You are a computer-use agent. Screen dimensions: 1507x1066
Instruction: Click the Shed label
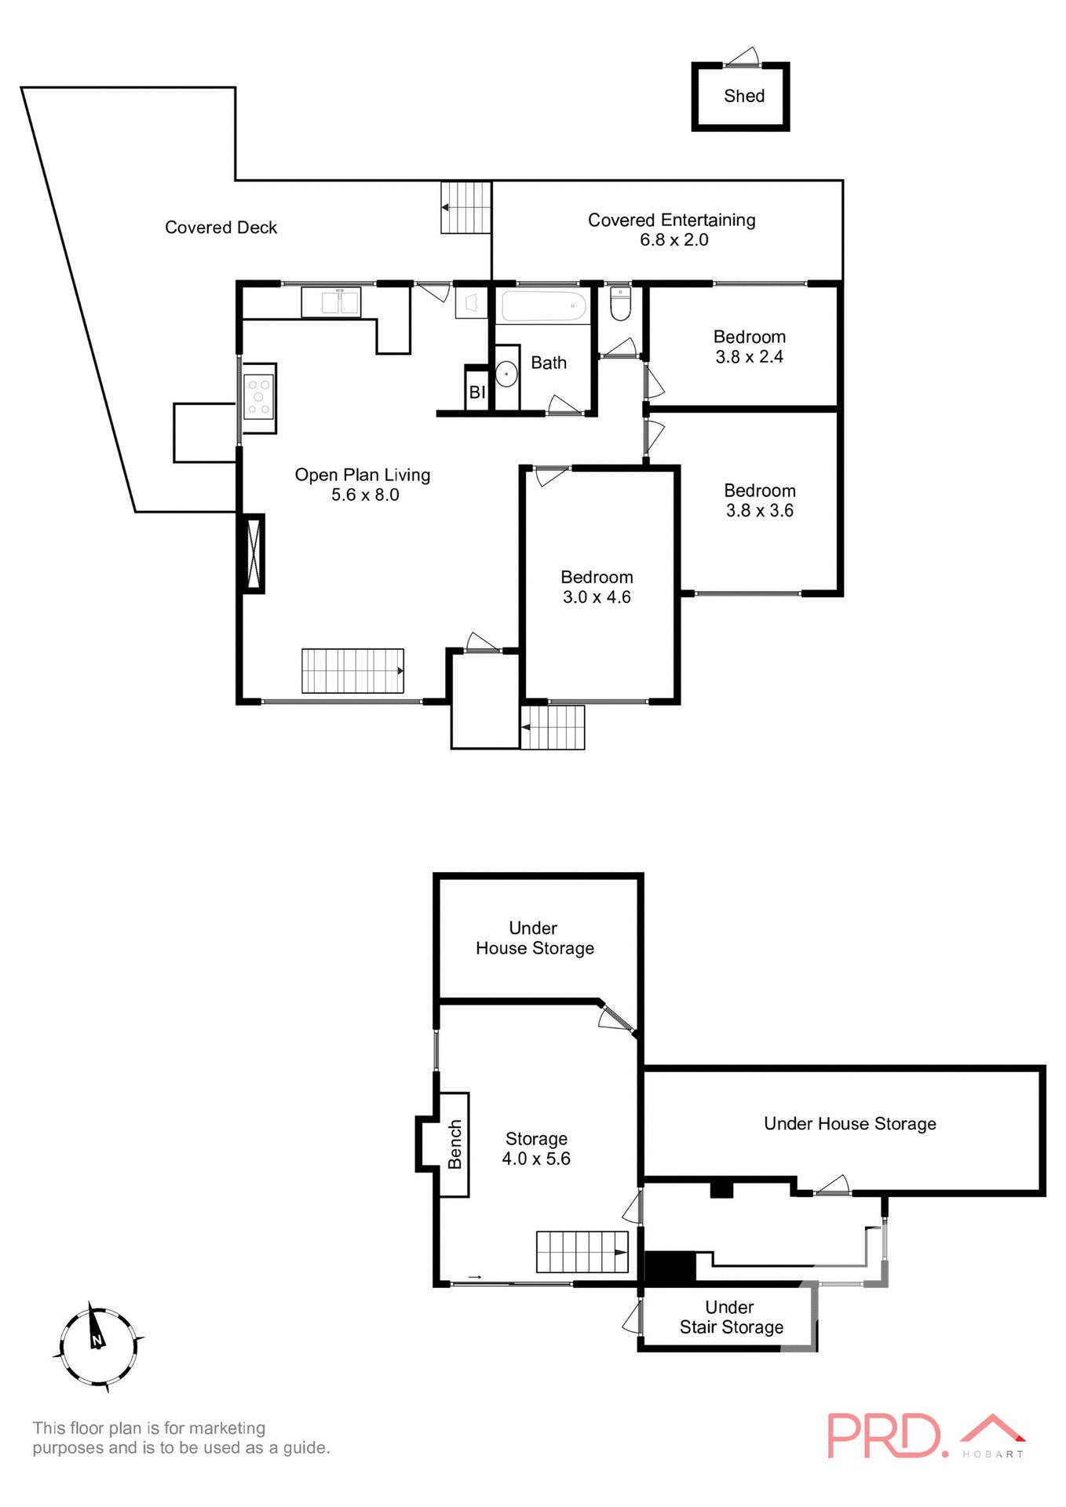[x=743, y=96]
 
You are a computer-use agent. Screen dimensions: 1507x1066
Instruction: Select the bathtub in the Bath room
[x=544, y=306]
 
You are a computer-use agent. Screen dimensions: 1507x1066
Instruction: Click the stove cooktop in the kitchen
[x=258, y=396]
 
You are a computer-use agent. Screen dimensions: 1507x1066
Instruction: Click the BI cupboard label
[x=477, y=392]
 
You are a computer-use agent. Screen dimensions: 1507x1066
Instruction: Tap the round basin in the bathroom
[x=506, y=374]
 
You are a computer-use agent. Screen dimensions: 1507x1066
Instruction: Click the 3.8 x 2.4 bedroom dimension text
[x=749, y=357]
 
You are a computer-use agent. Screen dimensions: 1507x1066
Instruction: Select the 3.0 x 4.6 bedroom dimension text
[x=597, y=597]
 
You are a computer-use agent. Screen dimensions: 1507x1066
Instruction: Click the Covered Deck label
[x=221, y=228]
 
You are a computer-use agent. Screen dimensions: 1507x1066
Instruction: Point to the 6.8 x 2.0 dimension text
[x=674, y=240]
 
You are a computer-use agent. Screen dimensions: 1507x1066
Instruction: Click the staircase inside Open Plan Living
[x=352, y=671]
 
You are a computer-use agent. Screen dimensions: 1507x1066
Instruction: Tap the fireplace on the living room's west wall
[x=252, y=553]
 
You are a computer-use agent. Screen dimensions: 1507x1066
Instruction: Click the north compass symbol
[x=97, y=1348]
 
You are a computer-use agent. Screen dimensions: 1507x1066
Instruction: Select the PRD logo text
[x=884, y=1436]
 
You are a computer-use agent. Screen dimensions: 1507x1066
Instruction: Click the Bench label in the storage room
[x=455, y=1144]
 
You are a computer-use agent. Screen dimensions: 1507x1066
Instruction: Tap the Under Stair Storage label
[x=731, y=1318]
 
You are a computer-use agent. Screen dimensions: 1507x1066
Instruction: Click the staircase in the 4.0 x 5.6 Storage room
[x=582, y=1252]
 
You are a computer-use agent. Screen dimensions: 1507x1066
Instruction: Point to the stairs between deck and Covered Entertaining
[x=465, y=207]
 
